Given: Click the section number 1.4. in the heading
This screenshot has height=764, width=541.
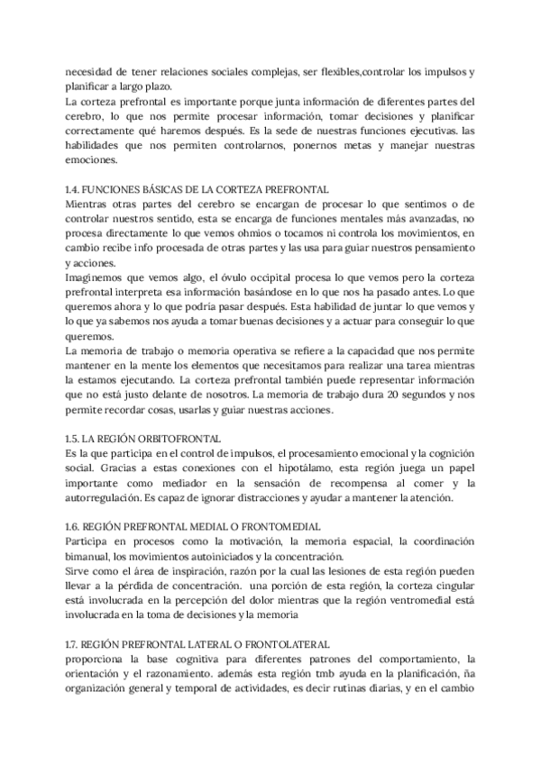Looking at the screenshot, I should [74, 189].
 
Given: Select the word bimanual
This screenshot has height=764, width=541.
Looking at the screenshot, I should [88, 555].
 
